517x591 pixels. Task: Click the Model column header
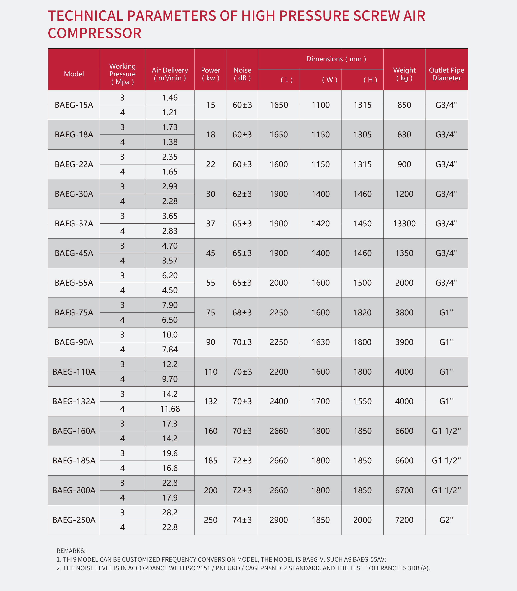(74, 74)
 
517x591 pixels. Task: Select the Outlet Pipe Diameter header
(446, 74)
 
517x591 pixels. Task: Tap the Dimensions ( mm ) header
(336, 59)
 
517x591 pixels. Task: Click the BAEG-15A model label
(74, 105)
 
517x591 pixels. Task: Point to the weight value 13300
(404, 223)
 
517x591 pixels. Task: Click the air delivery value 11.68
(170, 409)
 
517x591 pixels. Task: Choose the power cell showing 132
(211, 401)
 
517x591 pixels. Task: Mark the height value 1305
(362, 135)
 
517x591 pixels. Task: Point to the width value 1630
(320, 342)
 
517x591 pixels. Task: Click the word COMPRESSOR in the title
(95, 33)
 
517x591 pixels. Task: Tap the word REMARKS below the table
(71, 551)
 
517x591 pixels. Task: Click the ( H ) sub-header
(370, 80)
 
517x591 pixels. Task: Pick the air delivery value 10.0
(170, 335)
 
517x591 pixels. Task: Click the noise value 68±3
(242, 312)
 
